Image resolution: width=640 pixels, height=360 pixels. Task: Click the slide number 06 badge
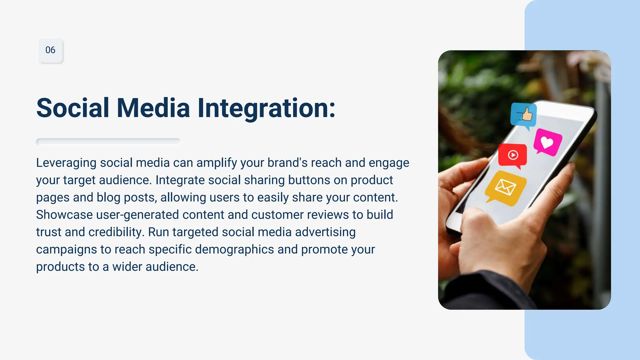click(50, 50)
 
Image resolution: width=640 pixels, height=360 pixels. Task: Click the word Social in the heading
click(72, 108)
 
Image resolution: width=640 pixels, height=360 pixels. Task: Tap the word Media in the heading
click(153, 108)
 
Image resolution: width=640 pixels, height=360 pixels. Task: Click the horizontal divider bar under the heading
click(108, 142)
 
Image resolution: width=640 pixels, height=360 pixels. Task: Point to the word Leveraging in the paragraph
click(66, 163)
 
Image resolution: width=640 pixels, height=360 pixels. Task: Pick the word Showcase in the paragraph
click(64, 215)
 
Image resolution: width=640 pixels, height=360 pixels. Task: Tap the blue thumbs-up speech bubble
click(523, 115)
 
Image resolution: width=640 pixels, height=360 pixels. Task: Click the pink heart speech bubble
click(547, 142)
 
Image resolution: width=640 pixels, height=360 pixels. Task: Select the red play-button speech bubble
click(512, 155)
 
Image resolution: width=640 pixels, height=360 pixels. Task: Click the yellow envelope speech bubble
click(506, 188)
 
